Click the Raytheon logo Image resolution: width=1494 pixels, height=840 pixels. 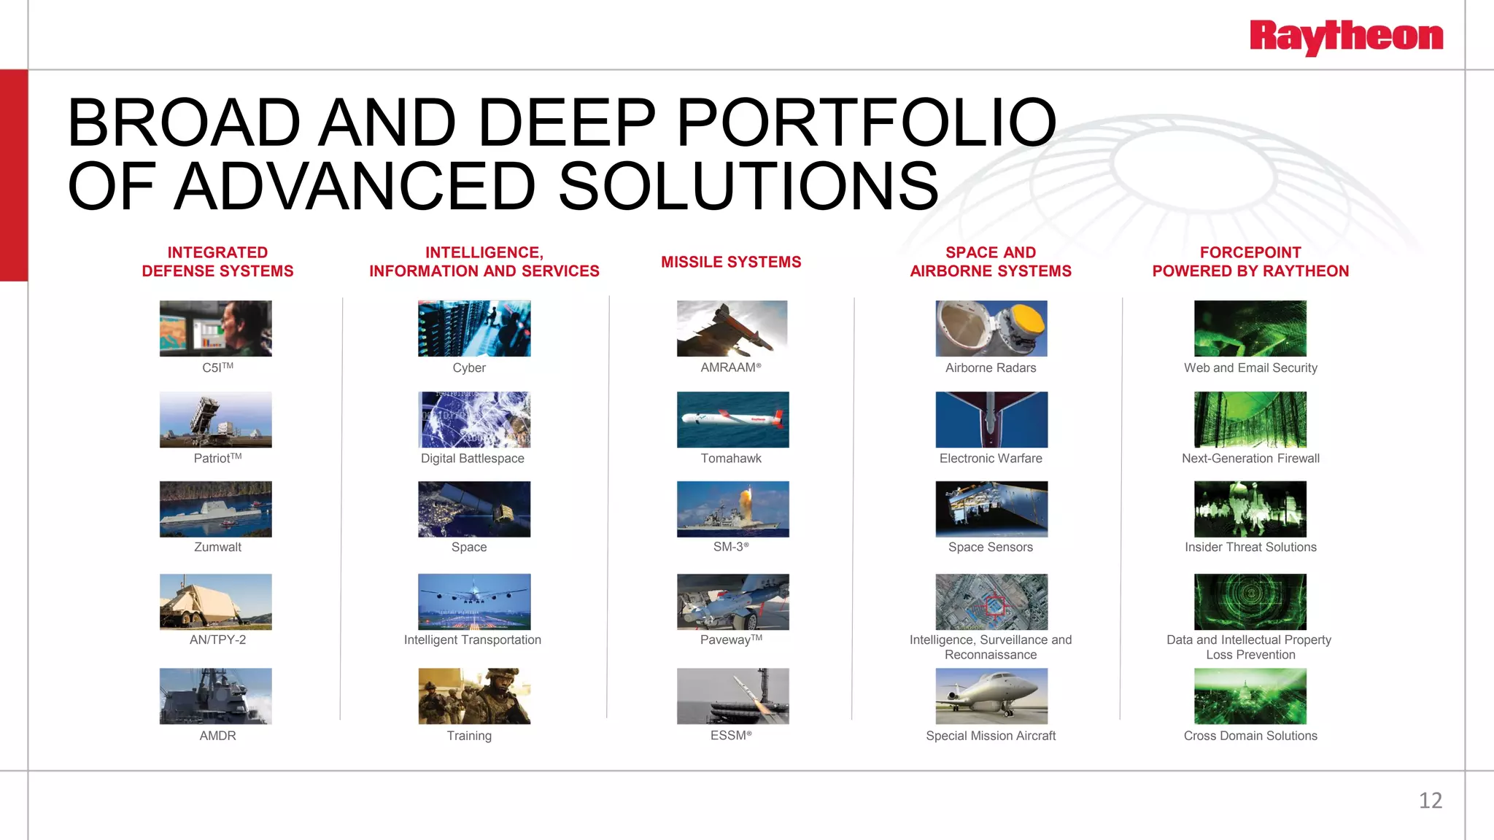1346,37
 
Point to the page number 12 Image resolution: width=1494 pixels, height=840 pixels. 1430,801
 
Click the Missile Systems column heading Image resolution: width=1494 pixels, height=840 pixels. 731,262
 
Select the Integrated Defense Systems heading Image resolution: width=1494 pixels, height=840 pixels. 217,262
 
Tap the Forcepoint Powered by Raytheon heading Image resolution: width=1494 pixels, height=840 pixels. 1250,262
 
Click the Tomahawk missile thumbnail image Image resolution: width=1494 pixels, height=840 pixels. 732,419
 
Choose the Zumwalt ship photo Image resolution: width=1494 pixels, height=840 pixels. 216,509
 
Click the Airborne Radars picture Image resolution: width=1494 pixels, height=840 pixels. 991,328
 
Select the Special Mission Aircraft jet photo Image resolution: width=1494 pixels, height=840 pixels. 991,696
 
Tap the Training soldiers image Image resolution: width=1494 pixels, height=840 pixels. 474,696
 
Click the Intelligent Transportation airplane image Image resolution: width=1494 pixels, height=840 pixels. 474,602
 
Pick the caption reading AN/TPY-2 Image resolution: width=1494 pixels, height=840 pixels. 217,639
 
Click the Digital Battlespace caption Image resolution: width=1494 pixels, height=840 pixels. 472,458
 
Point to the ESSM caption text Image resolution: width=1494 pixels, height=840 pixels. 731,736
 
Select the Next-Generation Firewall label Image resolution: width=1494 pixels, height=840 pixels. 1250,458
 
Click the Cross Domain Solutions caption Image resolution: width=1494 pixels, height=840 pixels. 1250,736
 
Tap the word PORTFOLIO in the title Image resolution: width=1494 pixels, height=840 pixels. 866,122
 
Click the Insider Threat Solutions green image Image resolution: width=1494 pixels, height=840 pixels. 1250,509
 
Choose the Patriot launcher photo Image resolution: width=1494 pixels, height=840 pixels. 216,419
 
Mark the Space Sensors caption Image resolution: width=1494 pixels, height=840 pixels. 990,547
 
